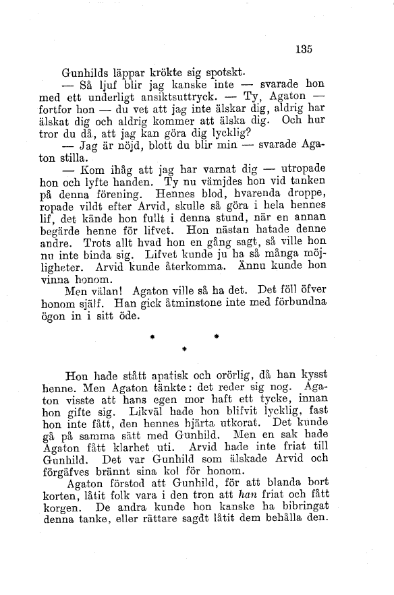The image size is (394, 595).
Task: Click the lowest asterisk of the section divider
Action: [184, 349]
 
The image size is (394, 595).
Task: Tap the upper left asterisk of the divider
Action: [153, 334]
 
